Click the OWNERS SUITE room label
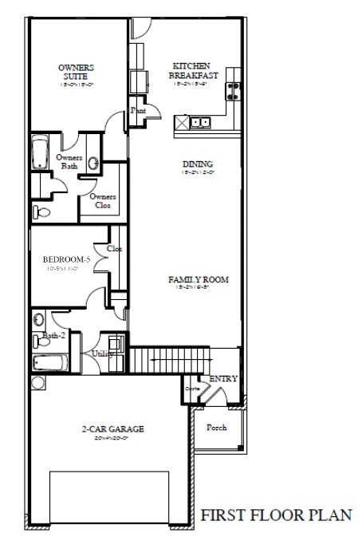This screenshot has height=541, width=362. pos(76,73)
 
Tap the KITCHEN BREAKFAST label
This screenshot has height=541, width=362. pos(191,71)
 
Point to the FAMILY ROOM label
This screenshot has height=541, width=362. pos(199,281)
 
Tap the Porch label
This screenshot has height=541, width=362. pos(217,428)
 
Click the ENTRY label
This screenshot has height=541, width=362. pos(223,379)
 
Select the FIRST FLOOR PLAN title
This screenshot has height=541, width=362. pos(275,515)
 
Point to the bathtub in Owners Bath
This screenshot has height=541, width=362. pos(40,152)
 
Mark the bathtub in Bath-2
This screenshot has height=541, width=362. pos(49,364)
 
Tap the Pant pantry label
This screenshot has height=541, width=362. pos(139,111)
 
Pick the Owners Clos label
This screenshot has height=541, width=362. pos(103,201)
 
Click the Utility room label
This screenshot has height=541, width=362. pos(101,353)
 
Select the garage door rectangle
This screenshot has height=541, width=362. pos(109,498)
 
